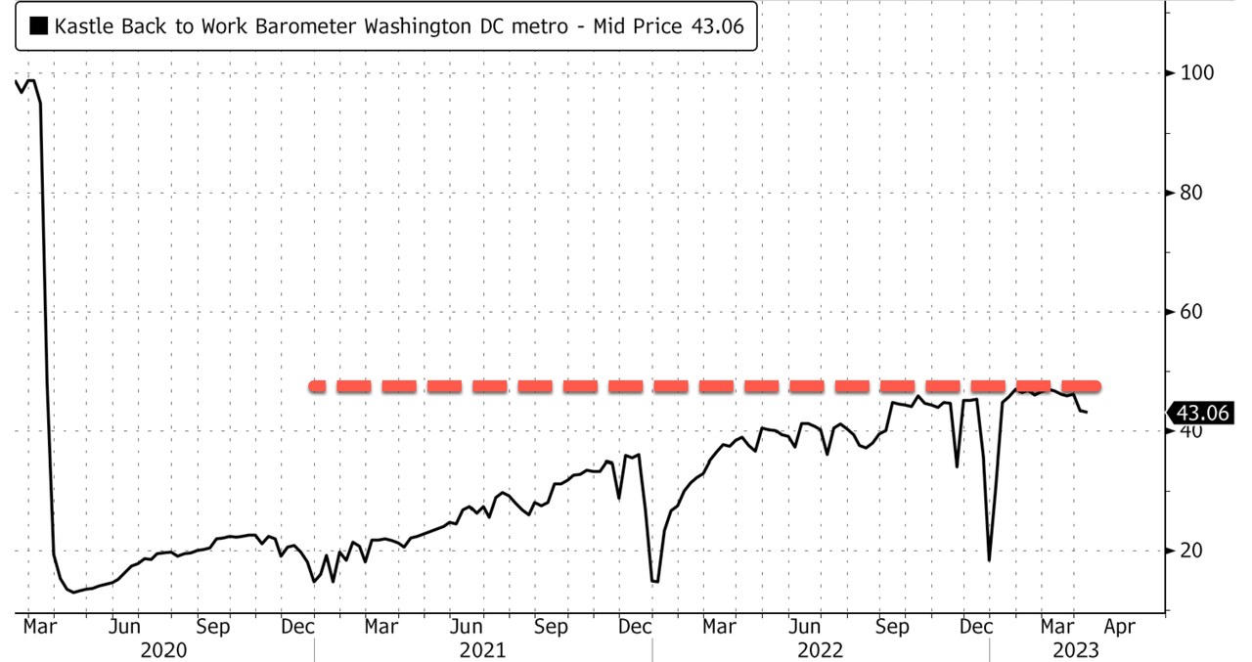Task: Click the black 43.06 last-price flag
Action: (x=1202, y=414)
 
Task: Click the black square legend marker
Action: (x=39, y=27)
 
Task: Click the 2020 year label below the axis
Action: (x=165, y=649)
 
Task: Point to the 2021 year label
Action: (x=483, y=649)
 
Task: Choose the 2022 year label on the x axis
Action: (x=821, y=649)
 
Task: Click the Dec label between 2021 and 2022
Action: (x=636, y=626)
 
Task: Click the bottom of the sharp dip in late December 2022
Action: (x=989, y=560)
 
